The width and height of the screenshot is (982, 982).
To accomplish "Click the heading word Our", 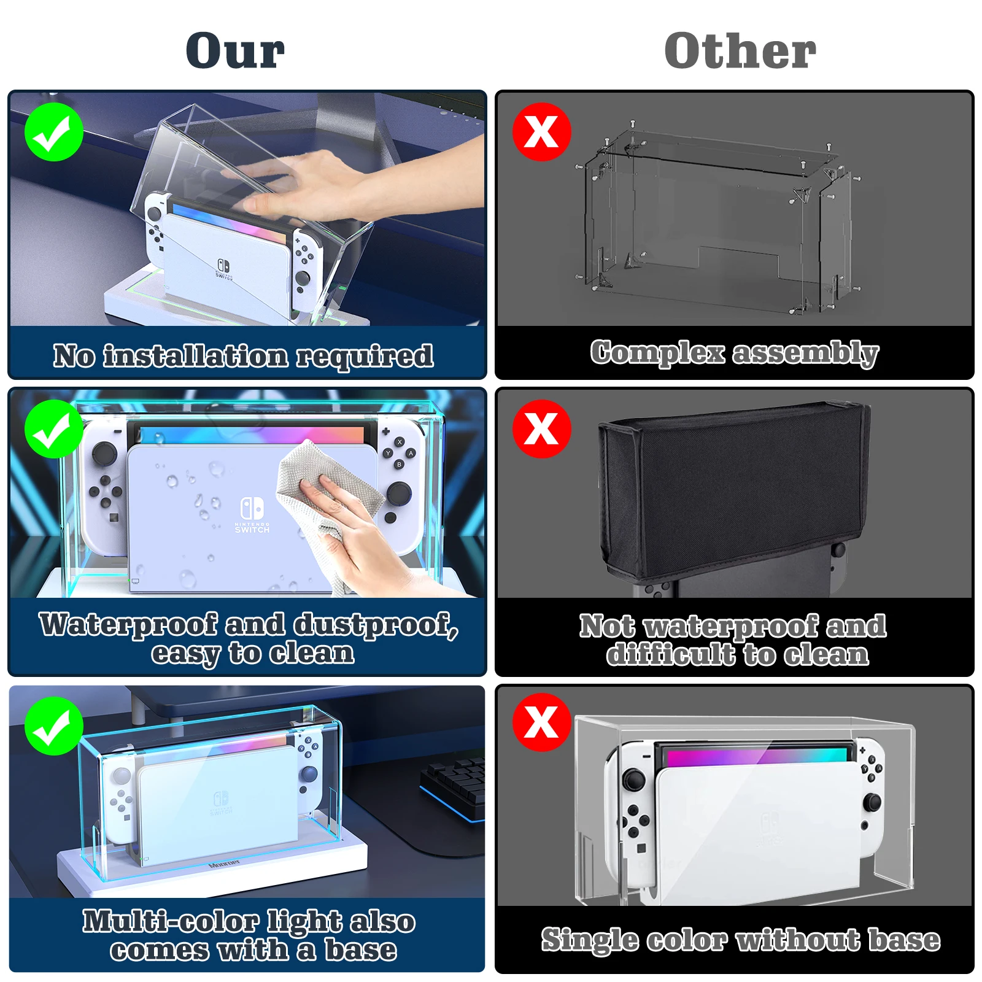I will [235, 51].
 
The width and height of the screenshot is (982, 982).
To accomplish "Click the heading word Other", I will [740, 51].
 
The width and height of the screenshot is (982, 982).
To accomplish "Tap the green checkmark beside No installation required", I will [54, 132].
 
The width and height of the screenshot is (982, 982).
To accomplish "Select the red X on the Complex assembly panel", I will [541, 132].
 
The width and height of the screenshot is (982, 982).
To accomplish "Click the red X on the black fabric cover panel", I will [541, 428].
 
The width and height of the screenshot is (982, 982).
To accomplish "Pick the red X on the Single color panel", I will [541, 722].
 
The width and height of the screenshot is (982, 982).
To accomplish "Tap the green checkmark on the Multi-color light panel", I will [54, 726].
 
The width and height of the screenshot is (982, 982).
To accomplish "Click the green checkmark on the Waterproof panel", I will [54, 429].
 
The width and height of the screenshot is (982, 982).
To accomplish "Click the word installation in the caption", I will [195, 356].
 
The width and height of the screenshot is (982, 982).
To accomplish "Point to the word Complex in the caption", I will [657, 353].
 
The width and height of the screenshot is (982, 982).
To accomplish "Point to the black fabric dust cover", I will [733, 491].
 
